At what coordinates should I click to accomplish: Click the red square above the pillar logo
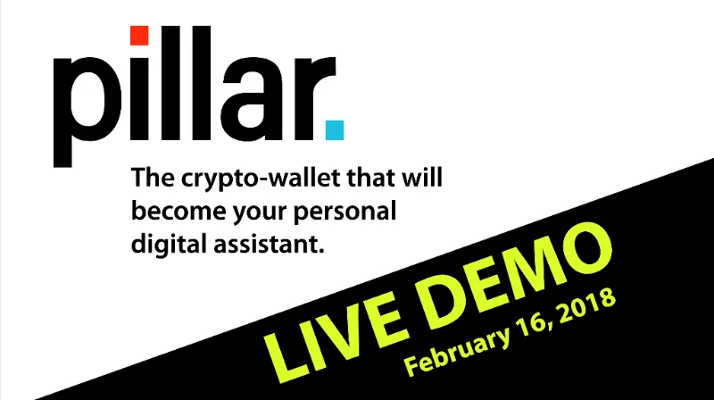pos(139,36)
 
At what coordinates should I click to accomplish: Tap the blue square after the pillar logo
pos(335,129)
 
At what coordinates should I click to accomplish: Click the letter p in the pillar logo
pos(87,112)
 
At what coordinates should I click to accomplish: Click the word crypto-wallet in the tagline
pos(261,179)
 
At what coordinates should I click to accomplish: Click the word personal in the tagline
pos(345,212)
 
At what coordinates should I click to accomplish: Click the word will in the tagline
pos(422,177)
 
